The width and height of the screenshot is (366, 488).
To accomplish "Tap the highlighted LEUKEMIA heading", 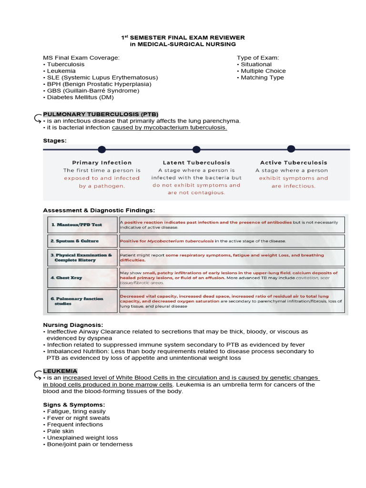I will [x=60, y=371].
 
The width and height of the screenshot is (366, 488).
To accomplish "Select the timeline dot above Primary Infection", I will [x=102, y=150].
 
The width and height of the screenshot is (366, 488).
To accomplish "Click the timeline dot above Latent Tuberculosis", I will [x=196, y=150].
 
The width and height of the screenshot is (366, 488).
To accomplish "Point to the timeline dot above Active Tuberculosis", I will [x=291, y=149].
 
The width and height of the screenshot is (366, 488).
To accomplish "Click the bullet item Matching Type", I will [x=262, y=78].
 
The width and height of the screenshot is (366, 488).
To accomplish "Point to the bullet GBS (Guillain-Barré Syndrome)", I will [x=92, y=91].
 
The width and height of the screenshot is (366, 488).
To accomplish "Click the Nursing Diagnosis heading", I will [x=73, y=325].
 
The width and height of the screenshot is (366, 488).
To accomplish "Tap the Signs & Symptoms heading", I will [x=74, y=405].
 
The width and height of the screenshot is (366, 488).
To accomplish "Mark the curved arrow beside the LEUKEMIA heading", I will [x=38, y=374].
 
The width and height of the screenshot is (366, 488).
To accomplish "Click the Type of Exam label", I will [x=257, y=58].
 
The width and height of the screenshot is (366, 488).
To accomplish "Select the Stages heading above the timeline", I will [x=55, y=141].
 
